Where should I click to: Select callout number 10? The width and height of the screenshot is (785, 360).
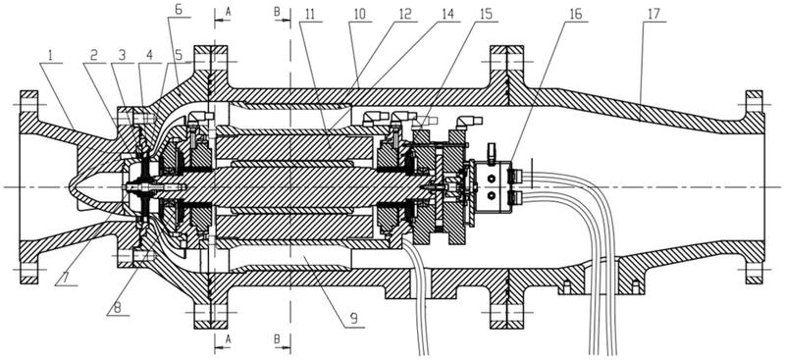pos(358,14)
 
